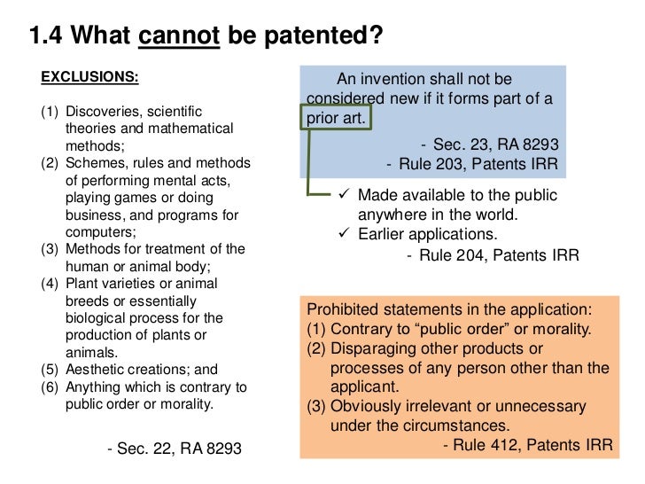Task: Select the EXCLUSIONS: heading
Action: tap(89, 77)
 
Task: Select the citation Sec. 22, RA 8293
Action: tap(174, 449)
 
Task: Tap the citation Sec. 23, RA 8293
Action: tap(489, 144)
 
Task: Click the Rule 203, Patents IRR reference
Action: tap(472, 164)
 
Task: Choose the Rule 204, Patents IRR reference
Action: tap(493, 255)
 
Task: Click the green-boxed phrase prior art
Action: tap(336, 118)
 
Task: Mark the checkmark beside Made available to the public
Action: tap(347, 195)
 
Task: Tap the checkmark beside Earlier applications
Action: tap(347, 234)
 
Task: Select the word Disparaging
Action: tap(373, 348)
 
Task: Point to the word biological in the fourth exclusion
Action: tap(99, 318)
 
